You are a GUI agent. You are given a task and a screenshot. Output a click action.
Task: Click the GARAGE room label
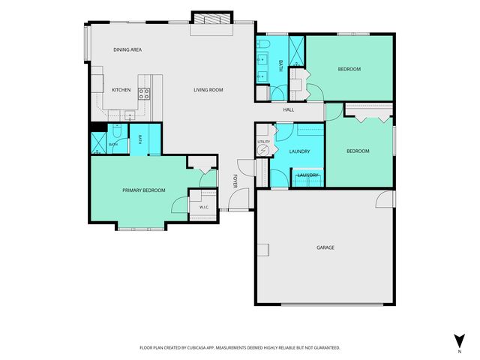point(325,247)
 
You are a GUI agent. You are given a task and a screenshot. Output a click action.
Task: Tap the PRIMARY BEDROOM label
point(144,190)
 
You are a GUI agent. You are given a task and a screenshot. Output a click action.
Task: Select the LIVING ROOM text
point(208,90)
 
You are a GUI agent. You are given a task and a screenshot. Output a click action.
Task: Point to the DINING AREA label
point(127,49)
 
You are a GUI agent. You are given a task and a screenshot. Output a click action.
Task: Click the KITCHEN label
point(121,90)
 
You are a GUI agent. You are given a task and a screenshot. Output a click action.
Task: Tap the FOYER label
point(235,181)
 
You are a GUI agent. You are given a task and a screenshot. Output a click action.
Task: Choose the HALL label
point(288,109)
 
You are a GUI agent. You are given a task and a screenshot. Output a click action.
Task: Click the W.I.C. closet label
point(204,207)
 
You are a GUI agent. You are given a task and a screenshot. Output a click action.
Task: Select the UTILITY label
point(263,142)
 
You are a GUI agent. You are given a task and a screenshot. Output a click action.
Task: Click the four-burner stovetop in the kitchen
point(144,94)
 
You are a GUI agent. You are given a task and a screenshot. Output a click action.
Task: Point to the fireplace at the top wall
point(211,18)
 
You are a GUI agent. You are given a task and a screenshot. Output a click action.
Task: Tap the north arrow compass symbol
point(460,341)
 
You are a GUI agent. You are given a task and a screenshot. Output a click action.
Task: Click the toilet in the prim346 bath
point(117,130)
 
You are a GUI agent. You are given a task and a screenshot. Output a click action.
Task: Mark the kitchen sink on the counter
point(130,115)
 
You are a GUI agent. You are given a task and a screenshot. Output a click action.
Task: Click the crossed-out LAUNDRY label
point(308,175)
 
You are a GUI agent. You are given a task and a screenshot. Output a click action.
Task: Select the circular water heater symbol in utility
point(262,150)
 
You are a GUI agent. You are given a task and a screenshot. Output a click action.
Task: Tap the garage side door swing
point(384,199)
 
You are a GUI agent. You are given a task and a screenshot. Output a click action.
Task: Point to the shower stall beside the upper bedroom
point(296,51)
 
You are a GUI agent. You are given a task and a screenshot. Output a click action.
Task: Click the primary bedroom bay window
point(141,228)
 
